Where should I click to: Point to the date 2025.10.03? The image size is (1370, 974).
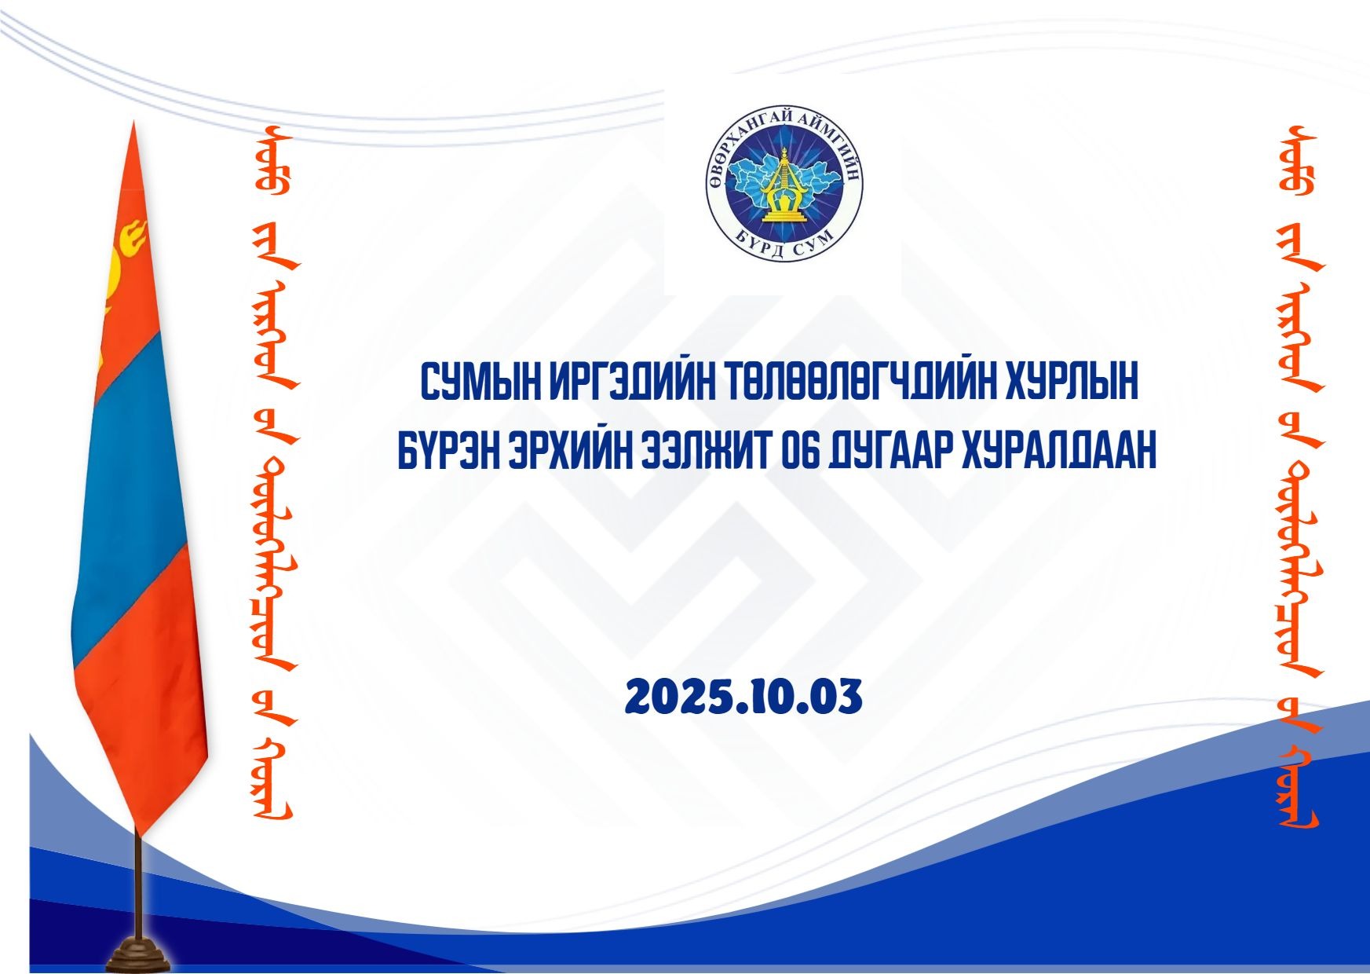pos(743,698)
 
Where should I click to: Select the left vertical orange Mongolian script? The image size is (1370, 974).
pos(271,471)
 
